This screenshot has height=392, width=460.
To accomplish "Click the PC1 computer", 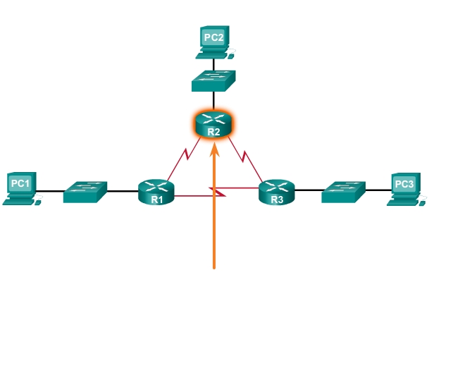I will (x=20, y=188).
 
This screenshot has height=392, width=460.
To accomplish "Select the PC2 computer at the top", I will (x=213, y=42).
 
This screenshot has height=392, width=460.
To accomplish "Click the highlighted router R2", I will (x=213, y=123).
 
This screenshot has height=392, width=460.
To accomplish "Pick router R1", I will (x=156, y=191).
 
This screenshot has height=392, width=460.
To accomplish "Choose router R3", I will (x=276, y=191).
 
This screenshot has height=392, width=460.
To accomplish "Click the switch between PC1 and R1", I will (x=85, y=191).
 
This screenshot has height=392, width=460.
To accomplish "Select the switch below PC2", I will (x=213, y=80).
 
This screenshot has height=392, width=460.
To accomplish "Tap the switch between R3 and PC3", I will (x=344, y=191).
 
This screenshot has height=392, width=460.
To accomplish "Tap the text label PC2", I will (x=213, y=36).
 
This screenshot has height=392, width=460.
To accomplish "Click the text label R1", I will (x=156, y=200).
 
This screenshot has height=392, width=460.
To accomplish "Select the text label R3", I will (x=276, y=200).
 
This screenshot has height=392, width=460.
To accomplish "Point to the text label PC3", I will (x=404, y=184).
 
